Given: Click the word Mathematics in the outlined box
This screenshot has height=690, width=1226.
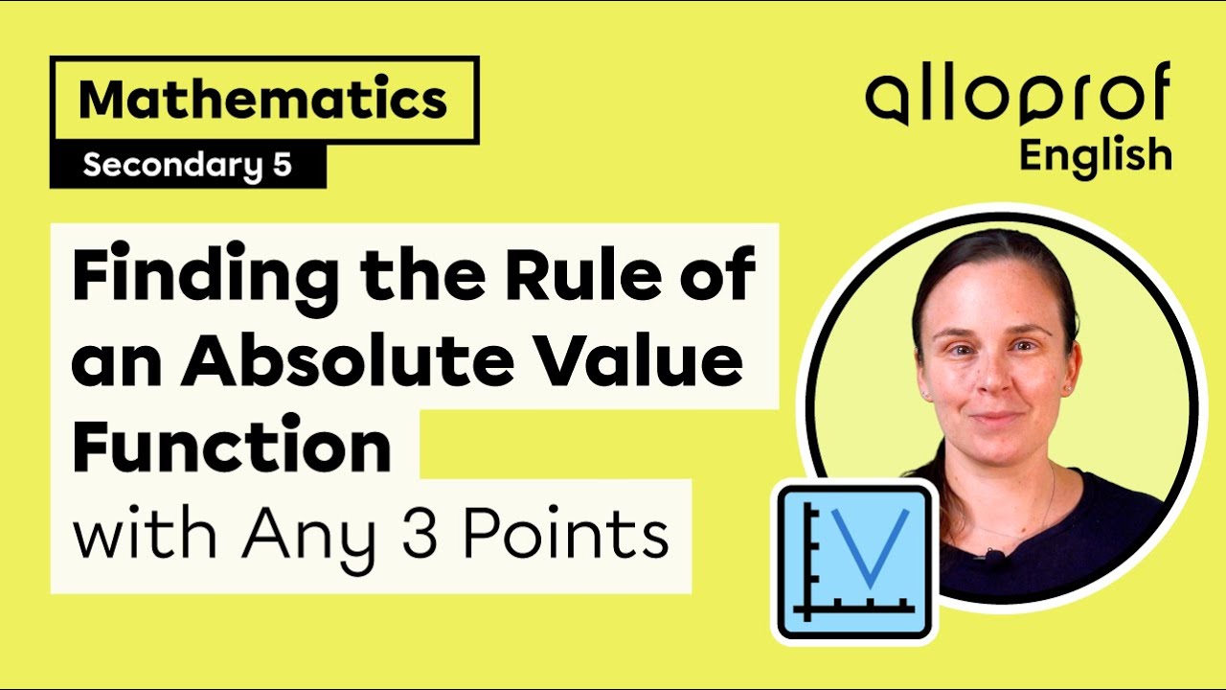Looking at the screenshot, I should coord(262,100).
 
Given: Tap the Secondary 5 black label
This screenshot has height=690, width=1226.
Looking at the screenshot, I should coord(187,166).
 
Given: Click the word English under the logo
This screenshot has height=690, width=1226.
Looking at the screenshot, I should coord(1095,154).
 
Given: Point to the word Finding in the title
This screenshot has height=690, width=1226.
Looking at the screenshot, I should coord(205,276).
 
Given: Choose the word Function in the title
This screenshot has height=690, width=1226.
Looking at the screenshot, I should coord(232,447).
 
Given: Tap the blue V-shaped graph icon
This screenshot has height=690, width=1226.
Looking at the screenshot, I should coord(855,561).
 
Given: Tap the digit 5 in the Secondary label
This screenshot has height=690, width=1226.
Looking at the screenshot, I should coord(281,166).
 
